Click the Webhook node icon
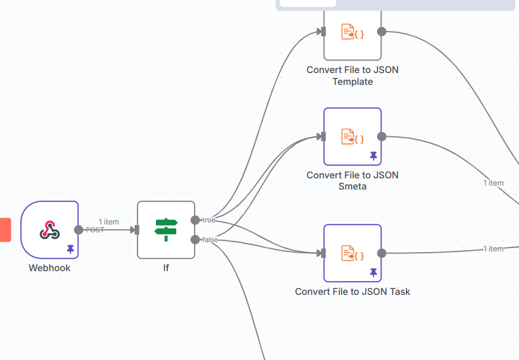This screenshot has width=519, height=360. [49, 229]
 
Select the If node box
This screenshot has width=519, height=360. [166, 230]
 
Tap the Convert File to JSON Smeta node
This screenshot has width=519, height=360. [352, 136]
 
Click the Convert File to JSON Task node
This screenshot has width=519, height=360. [352, 253]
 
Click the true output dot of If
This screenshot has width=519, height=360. [195, 220]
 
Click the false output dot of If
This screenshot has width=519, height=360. [195, 240]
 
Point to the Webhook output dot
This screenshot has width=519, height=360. [79, 230]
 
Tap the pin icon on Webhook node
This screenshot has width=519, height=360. [70, 249]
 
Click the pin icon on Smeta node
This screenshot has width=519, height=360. [374, 155]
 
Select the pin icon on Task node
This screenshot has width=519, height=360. [374, 272]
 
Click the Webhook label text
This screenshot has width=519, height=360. [49, 268]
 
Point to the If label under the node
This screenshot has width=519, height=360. [166, 268]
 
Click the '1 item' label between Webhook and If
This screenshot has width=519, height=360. [109, 222]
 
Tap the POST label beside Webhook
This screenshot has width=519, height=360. [95, 230]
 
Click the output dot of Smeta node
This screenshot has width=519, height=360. [382, 136]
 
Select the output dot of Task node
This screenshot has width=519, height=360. [382, 253]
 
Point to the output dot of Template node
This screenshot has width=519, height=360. [382, 32]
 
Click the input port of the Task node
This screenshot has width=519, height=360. [322, 253]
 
